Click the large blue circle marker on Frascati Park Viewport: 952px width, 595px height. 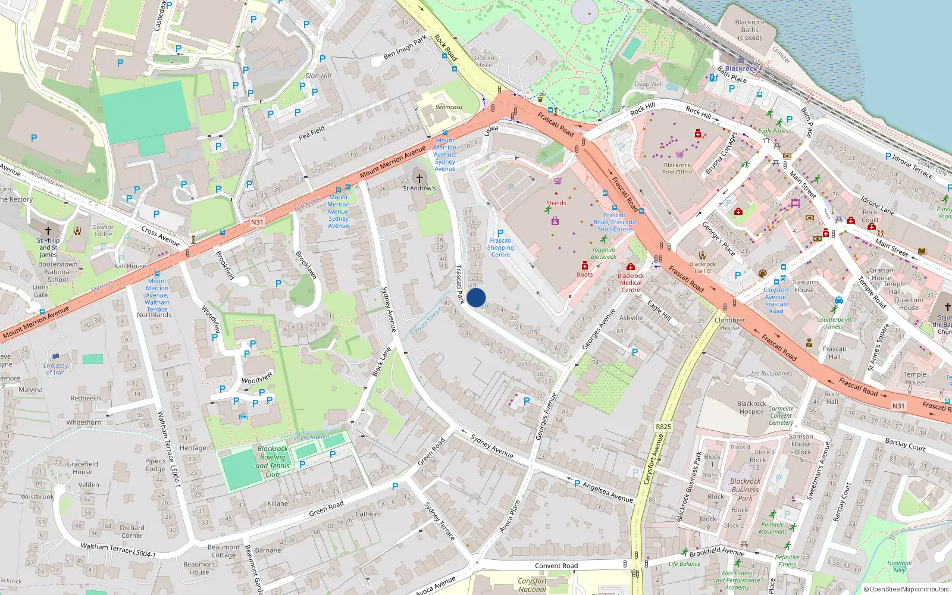(476, 297)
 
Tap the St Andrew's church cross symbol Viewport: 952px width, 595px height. (419, 178)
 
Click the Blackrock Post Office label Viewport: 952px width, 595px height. (677, 169)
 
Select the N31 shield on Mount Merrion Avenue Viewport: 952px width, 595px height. (256, 223)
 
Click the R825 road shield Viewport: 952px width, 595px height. (663, 427)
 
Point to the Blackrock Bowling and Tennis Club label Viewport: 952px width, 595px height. (273, 461)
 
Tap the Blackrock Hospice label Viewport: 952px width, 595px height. (751, 408)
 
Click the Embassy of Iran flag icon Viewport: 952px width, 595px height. (55, 357)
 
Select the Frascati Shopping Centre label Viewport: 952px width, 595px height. (500, 248)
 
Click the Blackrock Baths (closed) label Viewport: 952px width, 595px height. (750, 30)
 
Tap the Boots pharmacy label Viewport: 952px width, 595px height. (584, 274)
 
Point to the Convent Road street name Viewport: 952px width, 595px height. (556, 566)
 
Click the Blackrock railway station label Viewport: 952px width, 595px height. (741, 68)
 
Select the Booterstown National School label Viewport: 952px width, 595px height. (58, 272)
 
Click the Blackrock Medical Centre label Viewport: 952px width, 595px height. (631, 283)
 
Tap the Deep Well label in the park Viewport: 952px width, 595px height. (649, 84)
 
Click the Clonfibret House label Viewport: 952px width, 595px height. (729, 324)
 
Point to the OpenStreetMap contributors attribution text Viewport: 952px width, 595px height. (906, 589)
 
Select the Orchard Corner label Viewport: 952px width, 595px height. (131, 531)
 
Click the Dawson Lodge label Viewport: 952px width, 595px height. (103, 230)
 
